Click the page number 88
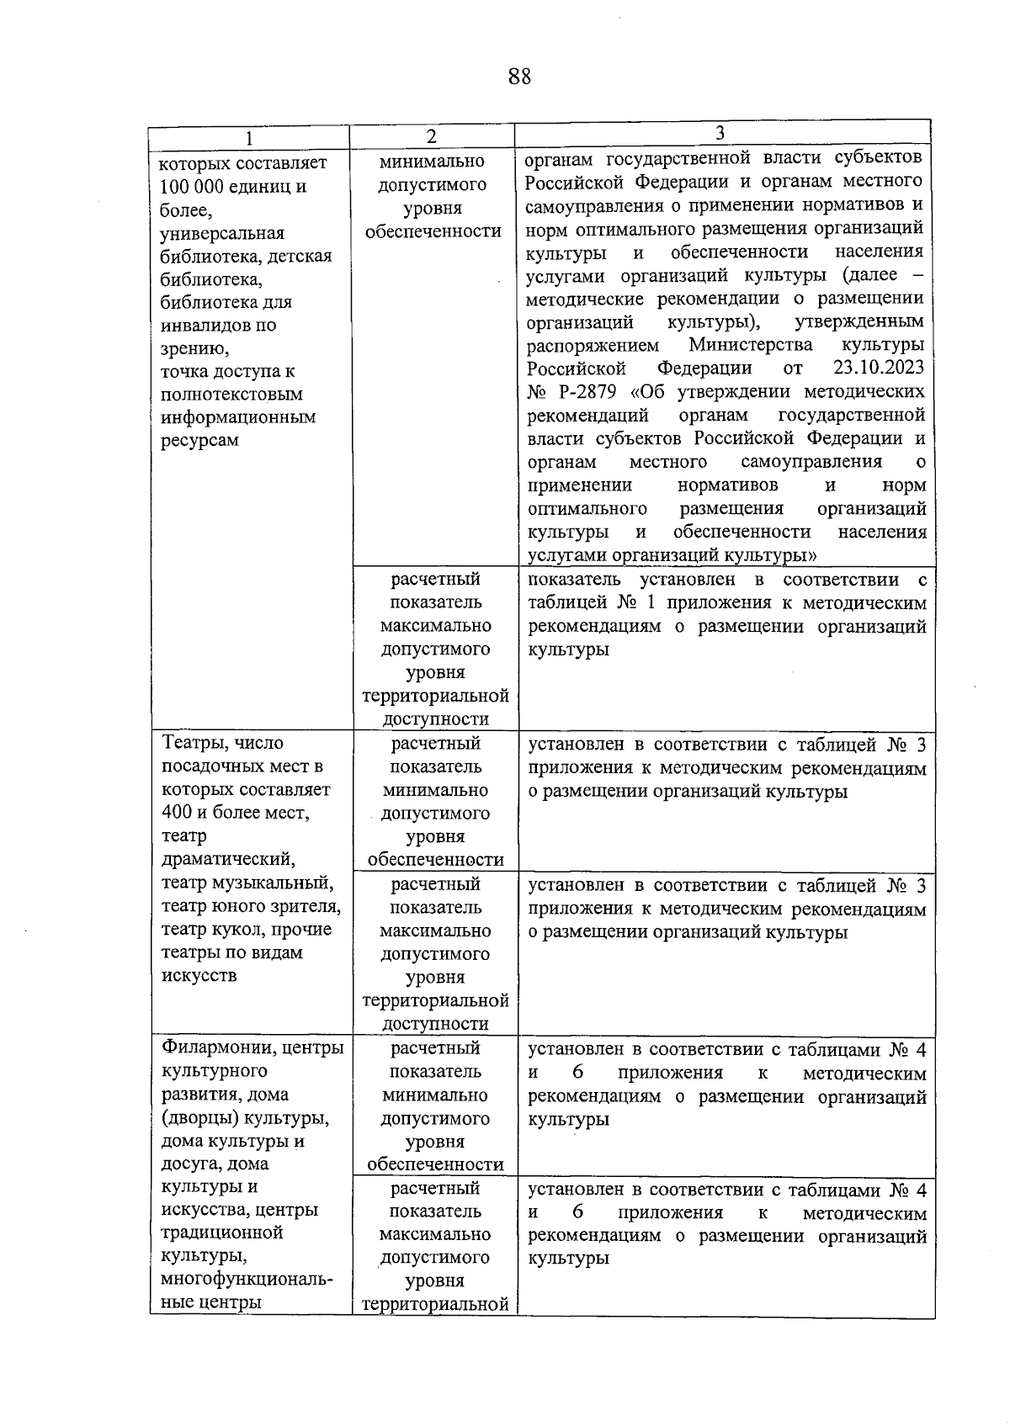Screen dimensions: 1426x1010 [519, 77]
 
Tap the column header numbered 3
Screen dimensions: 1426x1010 [720, 133]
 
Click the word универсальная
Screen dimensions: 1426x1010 [222, 233]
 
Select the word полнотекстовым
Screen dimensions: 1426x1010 [231, 394]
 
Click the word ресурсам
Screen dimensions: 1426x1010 [199, 440]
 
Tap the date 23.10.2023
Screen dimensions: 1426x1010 [878, 368]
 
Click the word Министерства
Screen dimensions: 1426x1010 [750, 345]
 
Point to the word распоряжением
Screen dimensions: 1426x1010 [593, 345]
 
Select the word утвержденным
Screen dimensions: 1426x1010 [858, 321]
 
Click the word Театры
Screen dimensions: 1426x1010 [195, 743]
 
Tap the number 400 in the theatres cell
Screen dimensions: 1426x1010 [177, 813]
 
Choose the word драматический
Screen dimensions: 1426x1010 [228, 859]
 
